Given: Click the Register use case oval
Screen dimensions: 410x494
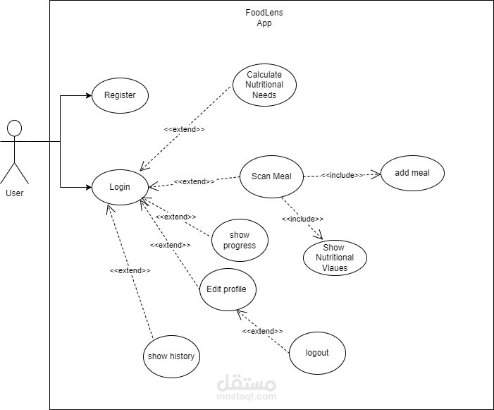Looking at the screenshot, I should (120, 95).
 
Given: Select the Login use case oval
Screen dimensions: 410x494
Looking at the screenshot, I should (120, 187).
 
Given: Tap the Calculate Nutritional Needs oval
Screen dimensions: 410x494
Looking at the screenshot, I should (264, 85).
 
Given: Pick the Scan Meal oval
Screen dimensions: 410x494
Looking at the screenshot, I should (271, 176).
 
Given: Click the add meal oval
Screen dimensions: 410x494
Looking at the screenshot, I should (413, 173).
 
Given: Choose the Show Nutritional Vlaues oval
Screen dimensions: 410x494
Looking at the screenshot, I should (334, 258).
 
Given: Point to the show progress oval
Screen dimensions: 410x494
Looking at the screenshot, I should (240, 240).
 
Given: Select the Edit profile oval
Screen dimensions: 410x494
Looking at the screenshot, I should (228, 289).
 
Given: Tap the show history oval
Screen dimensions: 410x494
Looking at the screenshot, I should (171, 356).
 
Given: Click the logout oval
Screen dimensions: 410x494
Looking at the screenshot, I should (317, 352).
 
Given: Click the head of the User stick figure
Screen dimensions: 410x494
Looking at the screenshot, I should (14, 128).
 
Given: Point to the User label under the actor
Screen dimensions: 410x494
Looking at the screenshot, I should (14, 193).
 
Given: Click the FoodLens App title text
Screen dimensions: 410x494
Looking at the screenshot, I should (264, 18).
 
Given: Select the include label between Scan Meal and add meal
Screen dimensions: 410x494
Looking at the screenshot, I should (342, 175).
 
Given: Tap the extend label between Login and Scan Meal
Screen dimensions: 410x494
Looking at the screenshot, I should (194, 181).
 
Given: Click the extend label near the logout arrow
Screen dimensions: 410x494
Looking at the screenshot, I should (263, 331).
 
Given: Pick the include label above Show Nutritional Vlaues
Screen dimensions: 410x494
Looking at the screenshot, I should (303, 219).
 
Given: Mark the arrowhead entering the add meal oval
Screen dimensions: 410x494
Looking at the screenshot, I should (376, 174).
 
